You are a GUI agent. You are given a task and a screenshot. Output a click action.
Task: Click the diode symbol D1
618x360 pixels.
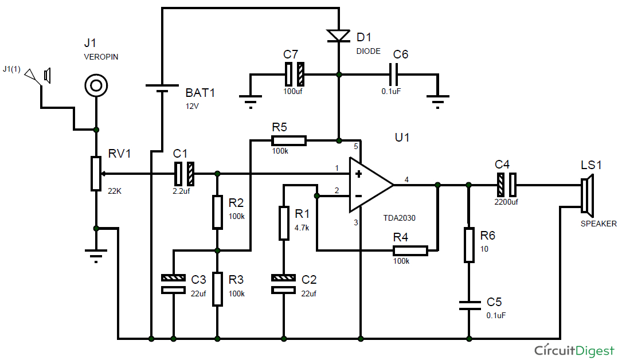[x=339, y=36]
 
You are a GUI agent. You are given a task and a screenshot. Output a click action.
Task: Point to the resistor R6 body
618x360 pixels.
[x=469, y=245]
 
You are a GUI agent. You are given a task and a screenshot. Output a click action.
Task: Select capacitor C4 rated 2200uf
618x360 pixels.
[x=507, y=185]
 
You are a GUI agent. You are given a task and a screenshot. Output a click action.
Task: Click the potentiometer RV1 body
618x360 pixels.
[x=96, y=173]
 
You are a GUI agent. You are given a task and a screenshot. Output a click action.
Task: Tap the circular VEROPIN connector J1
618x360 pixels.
[x=96, y=86]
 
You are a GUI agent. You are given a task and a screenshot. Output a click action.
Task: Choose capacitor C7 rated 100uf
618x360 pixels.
[x=295, y=74]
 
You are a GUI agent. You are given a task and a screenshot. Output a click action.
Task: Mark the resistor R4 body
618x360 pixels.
[x=410, y=251]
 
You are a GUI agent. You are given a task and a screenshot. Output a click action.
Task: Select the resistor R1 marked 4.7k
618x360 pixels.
[x=284, y=224]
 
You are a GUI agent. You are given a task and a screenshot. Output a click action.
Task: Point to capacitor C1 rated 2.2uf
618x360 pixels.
[x=185, y=173]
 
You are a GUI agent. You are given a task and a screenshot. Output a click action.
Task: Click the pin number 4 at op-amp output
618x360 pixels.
[x=406, y=180]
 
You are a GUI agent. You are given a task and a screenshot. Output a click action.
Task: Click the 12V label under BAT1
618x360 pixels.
[x=193, y=106]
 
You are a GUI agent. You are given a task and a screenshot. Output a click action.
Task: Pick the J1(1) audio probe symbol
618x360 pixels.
[x=39, y=76]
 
